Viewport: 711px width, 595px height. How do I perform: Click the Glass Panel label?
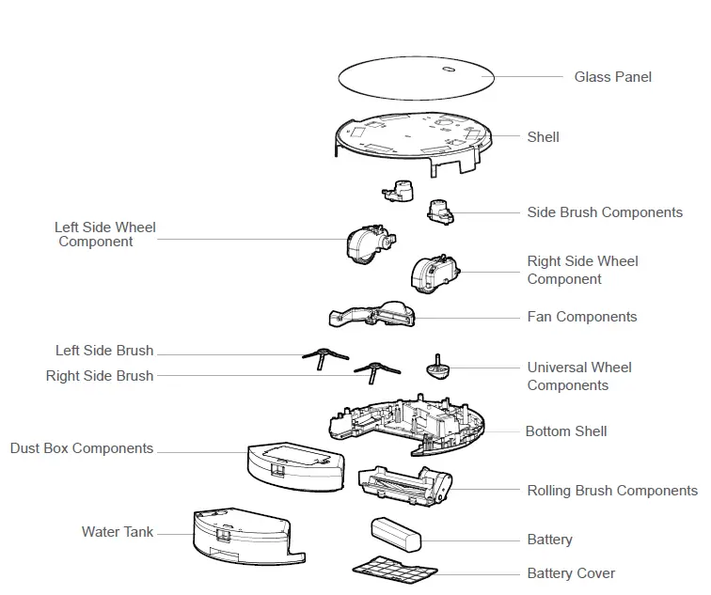pyautogui.click(x=612, y=77)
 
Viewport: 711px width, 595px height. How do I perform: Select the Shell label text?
pyautogui.click(x=543, y=137)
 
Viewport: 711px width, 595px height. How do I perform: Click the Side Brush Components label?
pyautogui.click(x=605, y=212)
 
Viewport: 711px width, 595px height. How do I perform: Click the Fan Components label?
pyautogui.click(x=582, y=317)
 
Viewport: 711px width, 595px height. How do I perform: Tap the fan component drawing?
pyautogui.click(x=374, y=319)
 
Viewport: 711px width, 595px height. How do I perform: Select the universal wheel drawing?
pyautogui.click(x=436, y=366)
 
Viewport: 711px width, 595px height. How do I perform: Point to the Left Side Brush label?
pyautogui.click(x=104, y=352)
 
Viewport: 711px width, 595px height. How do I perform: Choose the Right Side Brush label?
pyautogui.click(x=100, y=376)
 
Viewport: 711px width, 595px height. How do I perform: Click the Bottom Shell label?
pyautogui.click(x=566, y=431)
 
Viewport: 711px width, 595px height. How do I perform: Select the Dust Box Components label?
pyautogui.click(x=82, y=448)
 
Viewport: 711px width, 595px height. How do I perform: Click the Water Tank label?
pyautogui.click(x=118, y=532)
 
